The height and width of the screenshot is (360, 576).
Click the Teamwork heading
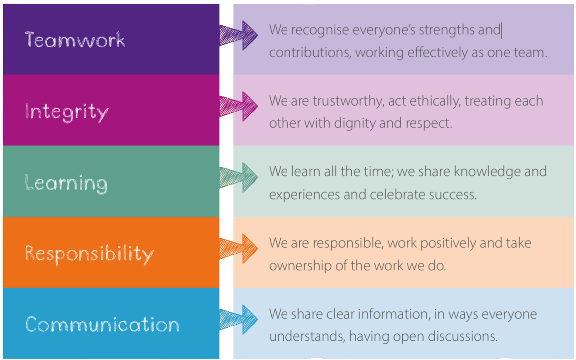point(75,40)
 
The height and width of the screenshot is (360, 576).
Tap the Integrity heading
point(66,112)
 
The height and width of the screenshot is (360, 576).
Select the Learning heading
point(66,183)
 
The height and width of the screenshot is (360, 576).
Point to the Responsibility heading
point(89,254)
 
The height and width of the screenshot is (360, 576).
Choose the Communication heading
point(102,325)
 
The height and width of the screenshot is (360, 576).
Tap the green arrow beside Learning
point(239,177)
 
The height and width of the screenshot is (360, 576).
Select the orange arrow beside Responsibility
point(239,248)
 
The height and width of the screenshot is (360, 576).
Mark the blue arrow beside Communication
point(239,319)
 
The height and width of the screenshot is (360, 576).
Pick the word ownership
point(300,265)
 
